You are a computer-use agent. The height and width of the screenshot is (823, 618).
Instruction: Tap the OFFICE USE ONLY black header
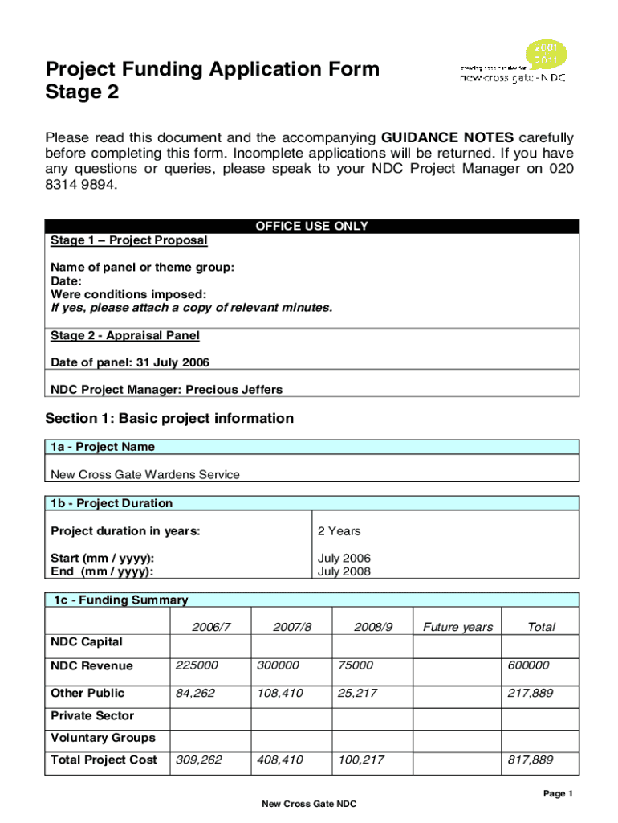point(311,227)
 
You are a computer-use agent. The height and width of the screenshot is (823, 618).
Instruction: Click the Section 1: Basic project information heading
point(169,418)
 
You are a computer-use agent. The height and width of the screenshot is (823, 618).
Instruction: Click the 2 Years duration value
point(339,530)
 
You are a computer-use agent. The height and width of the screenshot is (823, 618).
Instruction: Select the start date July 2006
point(344,558)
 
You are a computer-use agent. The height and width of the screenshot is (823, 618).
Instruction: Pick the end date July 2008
point(344,572)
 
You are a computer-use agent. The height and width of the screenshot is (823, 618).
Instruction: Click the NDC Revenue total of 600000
point(528,665)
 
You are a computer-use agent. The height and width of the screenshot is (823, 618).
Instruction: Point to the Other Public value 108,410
point(280,693)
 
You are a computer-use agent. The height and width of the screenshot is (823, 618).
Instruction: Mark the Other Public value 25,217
point(358,693)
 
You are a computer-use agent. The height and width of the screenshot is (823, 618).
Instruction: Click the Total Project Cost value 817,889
point(530,760)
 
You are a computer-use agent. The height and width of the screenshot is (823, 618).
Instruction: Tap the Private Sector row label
point(92,715)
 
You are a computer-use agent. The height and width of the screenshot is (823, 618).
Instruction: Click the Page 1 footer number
point(558,794)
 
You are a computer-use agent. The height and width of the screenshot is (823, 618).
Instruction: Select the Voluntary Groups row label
point(103,738)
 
